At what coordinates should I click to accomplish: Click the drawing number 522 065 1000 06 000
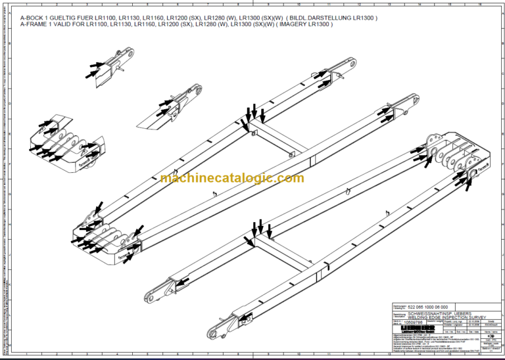(x=428, y=307)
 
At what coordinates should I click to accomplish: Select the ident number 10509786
(x=413, y=323)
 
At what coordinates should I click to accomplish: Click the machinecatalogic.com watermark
(x=231, y=178)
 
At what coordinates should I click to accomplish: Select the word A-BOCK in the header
(x=33, y=18)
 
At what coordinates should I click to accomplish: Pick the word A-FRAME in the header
(x=36, y=24)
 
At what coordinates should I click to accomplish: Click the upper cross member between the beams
(x=279, y=141)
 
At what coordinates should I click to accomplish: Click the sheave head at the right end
(x=454, y=158)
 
